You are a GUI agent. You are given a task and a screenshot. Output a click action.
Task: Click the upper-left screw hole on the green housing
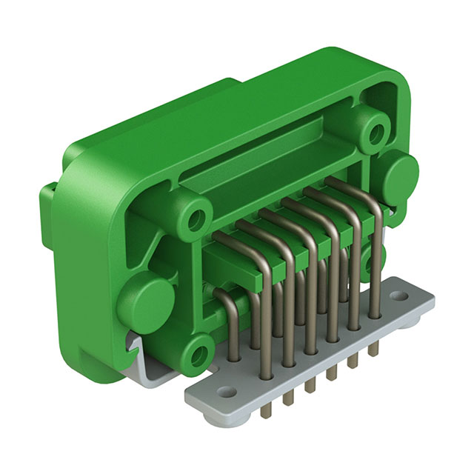tap(196, 218)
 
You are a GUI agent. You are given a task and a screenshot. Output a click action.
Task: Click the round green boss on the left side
tap(146, 300)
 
